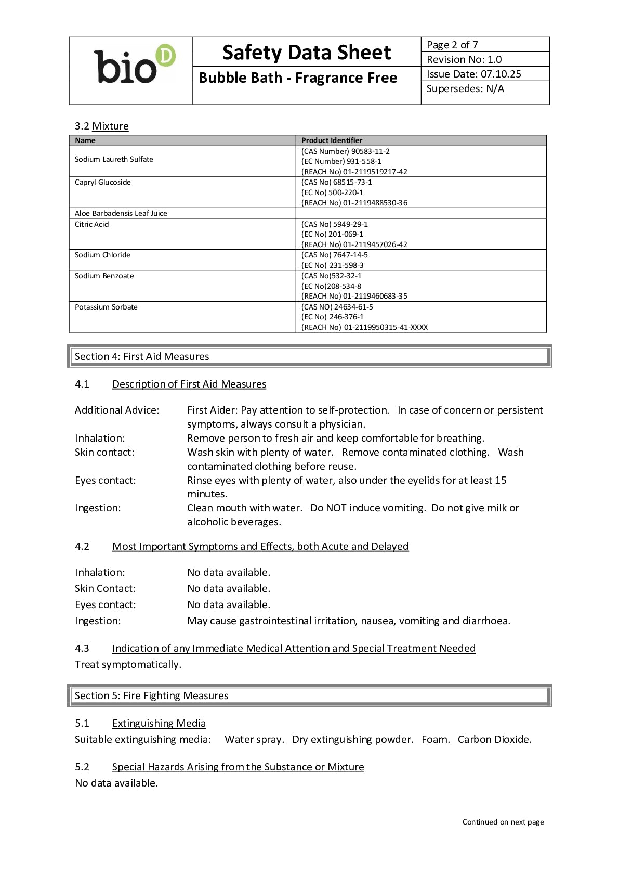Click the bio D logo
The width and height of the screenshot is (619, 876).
pos(134,65)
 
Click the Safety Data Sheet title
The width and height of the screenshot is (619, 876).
pos(306,53)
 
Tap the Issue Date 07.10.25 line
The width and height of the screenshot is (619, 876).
pos(473,74)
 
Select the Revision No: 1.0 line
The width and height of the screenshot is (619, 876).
pos(464,59)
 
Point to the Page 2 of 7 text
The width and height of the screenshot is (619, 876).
pos(452,45)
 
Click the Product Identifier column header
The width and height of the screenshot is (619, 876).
pos(332,140)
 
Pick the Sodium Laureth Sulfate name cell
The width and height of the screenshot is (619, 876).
pos(114,159)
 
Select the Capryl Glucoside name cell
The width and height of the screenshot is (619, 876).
pos(103,182)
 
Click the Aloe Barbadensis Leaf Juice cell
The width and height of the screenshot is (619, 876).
pos(121,213)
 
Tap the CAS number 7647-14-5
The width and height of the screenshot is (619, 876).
pos(350,255)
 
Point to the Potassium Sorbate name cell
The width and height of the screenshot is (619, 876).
pos(106,307)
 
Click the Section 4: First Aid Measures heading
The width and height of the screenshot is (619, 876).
pos(142,356)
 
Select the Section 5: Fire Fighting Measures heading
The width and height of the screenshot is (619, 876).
pos(151,695)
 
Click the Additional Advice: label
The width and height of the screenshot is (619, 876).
pos(117,410)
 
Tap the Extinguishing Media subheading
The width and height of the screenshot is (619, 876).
pos(159,723)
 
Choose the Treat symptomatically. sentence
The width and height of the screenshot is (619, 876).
pos(128,664)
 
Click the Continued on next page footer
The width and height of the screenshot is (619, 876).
pos(503,822)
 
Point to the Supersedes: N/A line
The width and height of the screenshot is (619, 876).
pos(465,88)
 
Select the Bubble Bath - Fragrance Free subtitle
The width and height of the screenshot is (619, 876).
pos(298,78)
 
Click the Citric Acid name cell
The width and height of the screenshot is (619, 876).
pos(92,224)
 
